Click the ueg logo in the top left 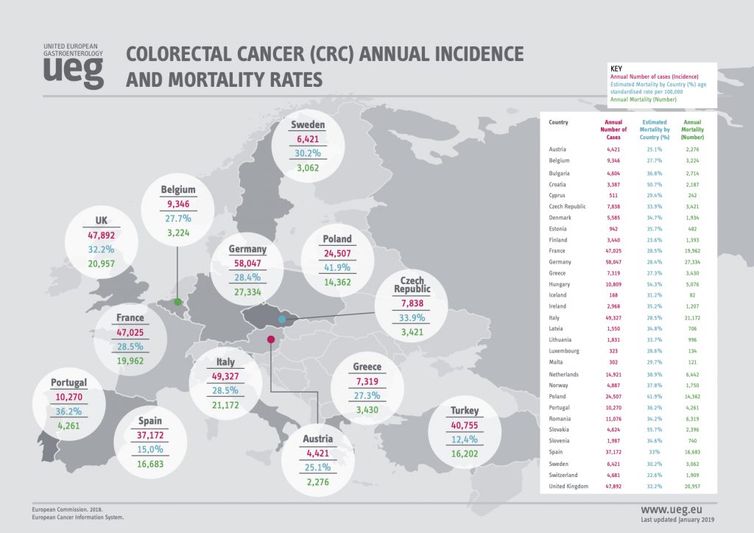point(73,66)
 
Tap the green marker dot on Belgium point(177,301)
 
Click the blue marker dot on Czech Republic point(281,320)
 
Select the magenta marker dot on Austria point(271,339)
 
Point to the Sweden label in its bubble point(308,124)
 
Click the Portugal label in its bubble point(69,383)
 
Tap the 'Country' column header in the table point(558,122)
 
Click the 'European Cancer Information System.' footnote point(79,518)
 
